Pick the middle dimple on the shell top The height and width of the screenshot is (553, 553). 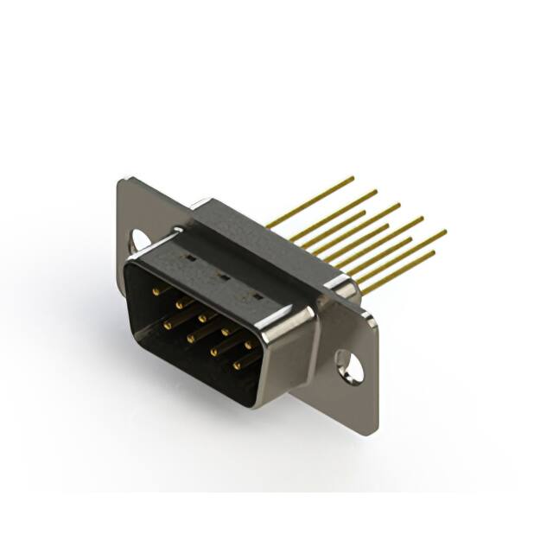pyautogui.click(x=222, y=277)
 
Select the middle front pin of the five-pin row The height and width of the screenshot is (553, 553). pyautogui.click(x=203, y=318)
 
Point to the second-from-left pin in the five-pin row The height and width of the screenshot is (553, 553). pyautogui.click(x=180, y=305)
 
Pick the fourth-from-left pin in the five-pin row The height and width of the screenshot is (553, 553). pyautogui.click(x=226, y=331)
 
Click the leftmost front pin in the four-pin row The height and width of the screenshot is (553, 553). pyautogui.click(x=168, y=324)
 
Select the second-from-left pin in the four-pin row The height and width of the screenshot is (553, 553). pyautogui.click(x=191, y=338)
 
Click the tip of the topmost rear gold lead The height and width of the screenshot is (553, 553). pyautogui.click(x=353, y=178)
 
